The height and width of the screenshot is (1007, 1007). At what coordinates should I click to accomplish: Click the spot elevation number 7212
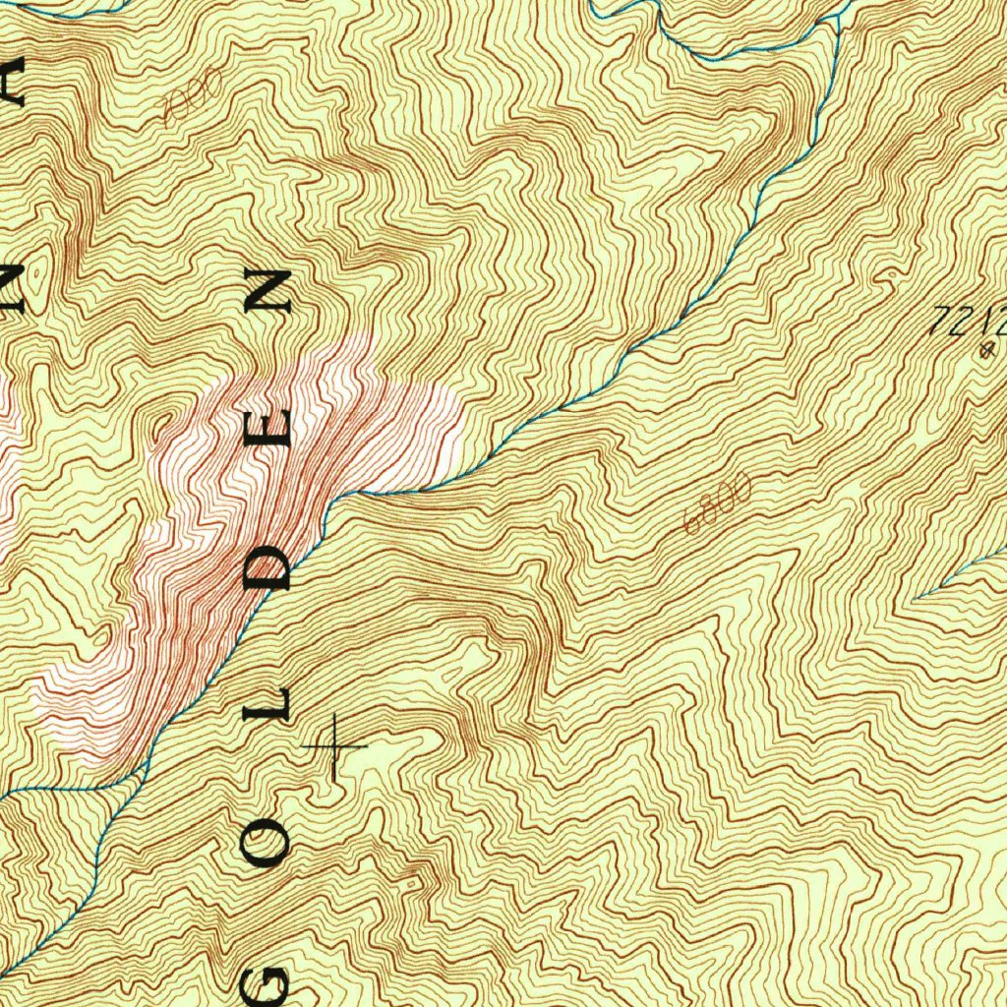pos(969,321)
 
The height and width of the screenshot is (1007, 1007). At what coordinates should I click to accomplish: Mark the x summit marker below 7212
pos(987,349)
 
